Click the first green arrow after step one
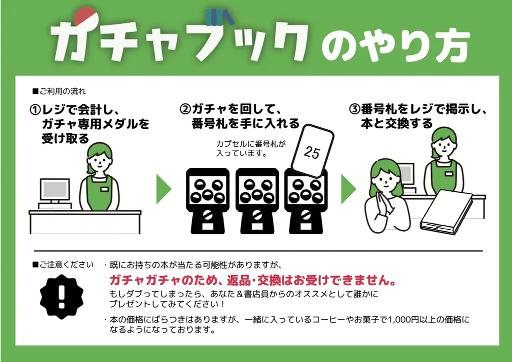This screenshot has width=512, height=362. [163, 189]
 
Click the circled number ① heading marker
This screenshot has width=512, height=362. [35, 109]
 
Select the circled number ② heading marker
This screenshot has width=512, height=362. [185, 109]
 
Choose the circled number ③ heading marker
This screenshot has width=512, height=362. [354, 109]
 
